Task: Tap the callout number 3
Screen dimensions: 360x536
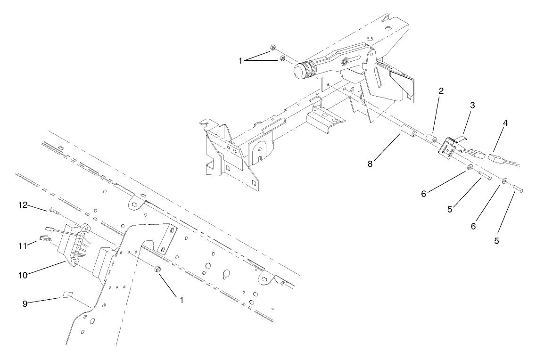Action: pos(472,105)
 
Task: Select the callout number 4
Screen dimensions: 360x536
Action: pos(505,123)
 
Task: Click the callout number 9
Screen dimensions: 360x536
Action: pos(25,304)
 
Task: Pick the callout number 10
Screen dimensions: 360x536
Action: pos(23,274)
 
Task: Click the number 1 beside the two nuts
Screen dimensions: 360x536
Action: pos(241,60)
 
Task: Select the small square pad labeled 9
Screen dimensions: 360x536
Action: pos(67,296)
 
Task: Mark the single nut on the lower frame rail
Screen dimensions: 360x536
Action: pos(158,269)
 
